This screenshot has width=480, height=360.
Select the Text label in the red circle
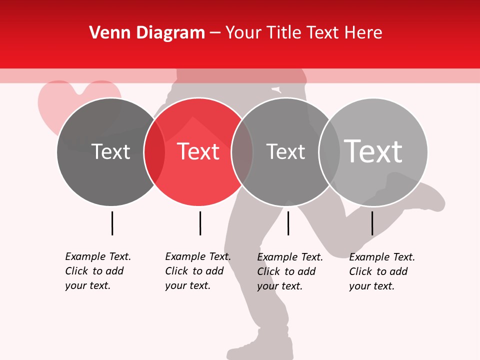198,151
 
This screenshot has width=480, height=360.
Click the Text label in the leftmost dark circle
111,151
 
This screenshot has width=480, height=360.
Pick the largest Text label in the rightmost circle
373,151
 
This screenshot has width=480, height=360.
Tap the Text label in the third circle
285,151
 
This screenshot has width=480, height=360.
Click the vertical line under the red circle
200,223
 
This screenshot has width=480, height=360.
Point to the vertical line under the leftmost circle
112,223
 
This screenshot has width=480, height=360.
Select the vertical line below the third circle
288,223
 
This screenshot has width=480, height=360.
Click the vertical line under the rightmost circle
372,223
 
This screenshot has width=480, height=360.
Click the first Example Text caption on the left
97,271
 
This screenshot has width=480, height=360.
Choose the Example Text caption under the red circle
197,271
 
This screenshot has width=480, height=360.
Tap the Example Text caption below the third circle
289,271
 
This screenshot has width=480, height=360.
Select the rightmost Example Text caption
381,271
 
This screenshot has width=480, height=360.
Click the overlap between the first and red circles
154,151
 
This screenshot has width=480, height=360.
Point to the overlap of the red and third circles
242,151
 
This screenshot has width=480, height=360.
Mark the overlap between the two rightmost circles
329,151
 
